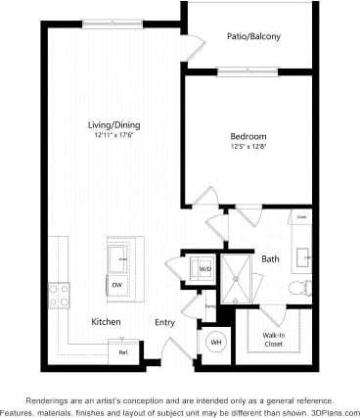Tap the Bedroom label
point(247,137)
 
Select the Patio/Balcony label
point(253,37)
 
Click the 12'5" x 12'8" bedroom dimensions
point(247,148)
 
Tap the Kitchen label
point(106,322)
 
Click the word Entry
point(165,322)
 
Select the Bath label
point(270,259)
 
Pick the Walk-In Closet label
point(273,340)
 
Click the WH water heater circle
point(216,342)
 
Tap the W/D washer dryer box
point(205,267)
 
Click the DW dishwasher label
point(116,285)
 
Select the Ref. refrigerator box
point(123,352)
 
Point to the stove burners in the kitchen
point(58,292)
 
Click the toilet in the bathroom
point(306,287)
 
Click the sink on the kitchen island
point(121,258)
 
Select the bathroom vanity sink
point(304,256)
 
